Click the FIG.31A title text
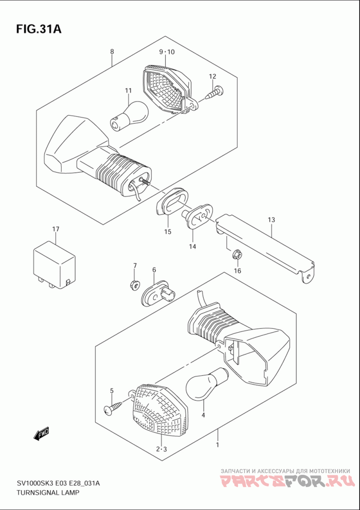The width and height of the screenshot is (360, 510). pos(38,29)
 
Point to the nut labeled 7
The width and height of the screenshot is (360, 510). pos(135,285)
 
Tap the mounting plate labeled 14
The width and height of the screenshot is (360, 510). pos(198,217)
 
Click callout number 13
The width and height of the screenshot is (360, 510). pos(271,220)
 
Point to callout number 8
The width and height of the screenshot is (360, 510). pos(112,51)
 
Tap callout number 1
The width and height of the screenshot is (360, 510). pos(217,444)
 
